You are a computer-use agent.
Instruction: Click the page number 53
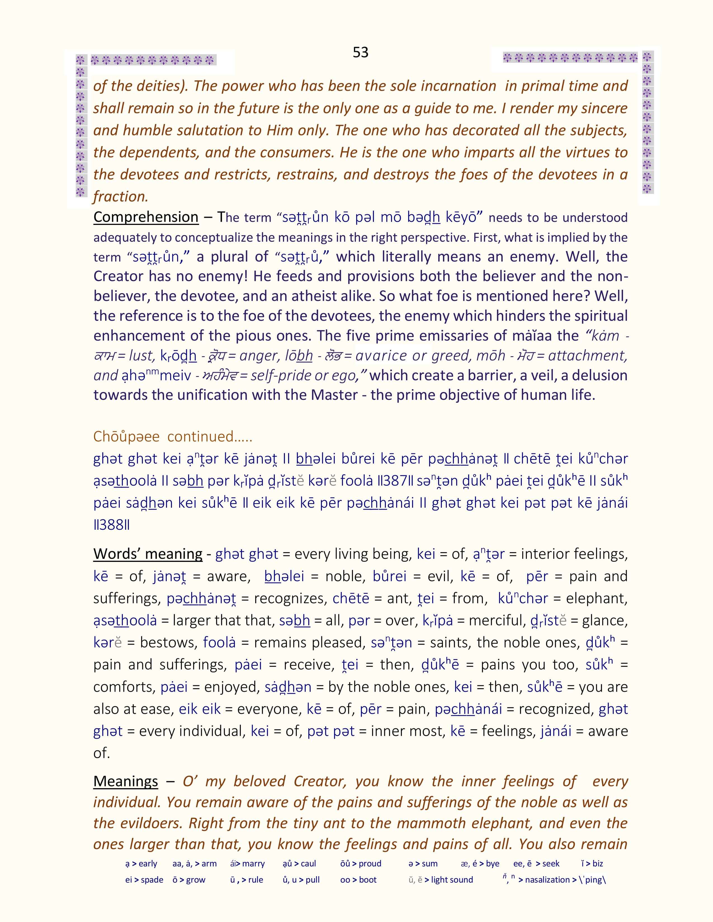(360, 52)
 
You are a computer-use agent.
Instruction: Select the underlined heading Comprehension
(146, 217)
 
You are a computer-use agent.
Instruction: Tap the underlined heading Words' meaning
(148, 554)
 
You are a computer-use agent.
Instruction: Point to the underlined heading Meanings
(126, 781)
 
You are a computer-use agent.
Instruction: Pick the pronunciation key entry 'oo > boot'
(358, 880)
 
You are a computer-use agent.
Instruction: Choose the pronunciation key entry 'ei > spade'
(144, 880)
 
